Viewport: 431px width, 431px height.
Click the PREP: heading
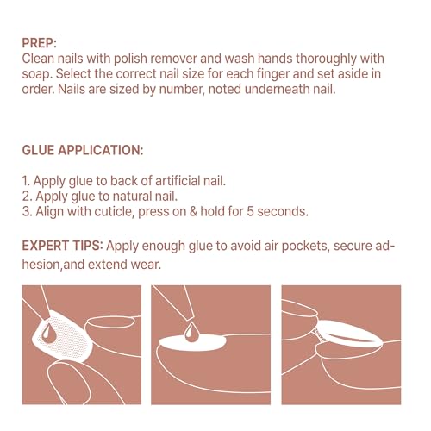coord(40,43)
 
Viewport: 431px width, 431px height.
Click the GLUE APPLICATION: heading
coord(83,150)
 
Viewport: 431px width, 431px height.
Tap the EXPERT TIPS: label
coord(62,246)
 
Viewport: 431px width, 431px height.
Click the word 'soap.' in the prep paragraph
coord(37,74)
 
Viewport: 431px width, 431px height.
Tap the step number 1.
coord(26,181)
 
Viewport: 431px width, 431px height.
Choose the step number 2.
coord(27,197)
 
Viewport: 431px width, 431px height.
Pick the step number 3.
coord(27,211)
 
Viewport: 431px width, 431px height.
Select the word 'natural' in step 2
coord(132,197)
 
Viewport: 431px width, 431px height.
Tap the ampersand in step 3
coord(193,212)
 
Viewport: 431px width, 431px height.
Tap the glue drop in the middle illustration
coord(191,332)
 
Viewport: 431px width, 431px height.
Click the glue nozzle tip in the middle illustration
coord(189,318)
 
